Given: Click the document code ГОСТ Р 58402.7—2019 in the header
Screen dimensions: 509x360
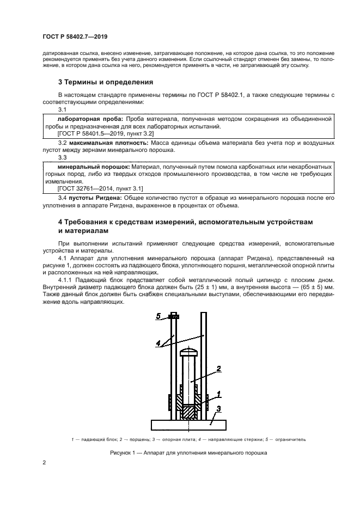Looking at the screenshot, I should pos(74,36).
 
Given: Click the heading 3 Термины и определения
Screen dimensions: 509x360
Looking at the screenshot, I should pos(106,82).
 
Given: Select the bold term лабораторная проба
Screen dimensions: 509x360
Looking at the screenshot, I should pos(90,118).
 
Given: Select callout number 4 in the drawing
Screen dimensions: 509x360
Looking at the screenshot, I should pos(157,344).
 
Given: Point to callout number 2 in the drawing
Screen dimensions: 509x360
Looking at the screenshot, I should pos(218,369).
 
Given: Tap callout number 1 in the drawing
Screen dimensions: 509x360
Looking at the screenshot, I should pos(218,393).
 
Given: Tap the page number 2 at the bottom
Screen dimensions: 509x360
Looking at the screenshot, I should pos(44,463).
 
